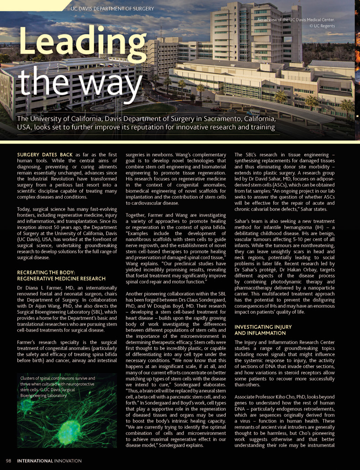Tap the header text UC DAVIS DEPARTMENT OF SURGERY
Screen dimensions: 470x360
(x=112, y=9)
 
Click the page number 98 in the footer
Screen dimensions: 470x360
(x=9, y=461)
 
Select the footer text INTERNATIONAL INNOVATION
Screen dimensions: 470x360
(x=49, y=461)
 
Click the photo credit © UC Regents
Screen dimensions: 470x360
(x=322, y=26)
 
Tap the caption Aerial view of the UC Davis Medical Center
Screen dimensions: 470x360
(x=296, y=20)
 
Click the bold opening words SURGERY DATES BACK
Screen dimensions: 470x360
(x=45, y=155)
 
